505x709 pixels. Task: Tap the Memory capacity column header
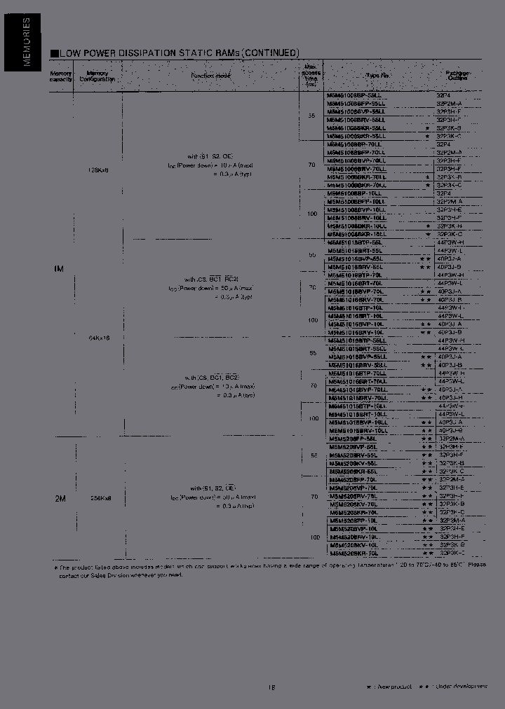point(60,76)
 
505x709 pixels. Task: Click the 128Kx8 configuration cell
point(99,170)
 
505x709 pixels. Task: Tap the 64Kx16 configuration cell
point(99,338)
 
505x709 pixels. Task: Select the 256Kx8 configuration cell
point(101,497)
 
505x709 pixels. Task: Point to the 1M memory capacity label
point(60,268)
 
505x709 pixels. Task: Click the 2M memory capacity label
point(60,498)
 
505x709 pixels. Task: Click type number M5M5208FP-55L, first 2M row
point(353,439)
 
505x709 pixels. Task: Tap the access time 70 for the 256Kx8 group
point(313,497)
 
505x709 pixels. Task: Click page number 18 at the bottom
point(271,687)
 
